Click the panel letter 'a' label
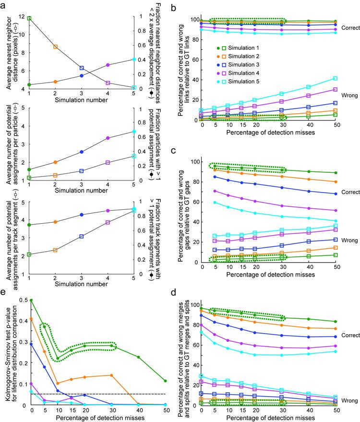click(4, 4)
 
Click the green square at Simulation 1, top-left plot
click(30, 18)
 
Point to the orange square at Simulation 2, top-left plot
click(56, 47)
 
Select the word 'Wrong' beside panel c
click(347, 240)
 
